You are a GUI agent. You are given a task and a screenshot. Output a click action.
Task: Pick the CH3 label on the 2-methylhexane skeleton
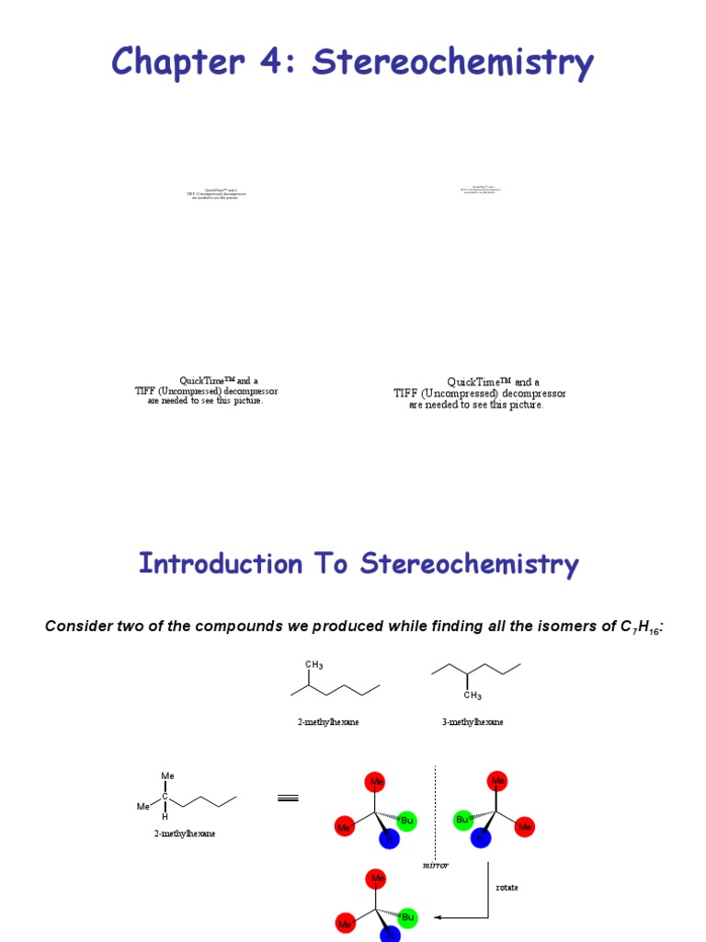(313, 664)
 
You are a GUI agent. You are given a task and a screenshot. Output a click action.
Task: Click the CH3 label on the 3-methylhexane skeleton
(473, 696)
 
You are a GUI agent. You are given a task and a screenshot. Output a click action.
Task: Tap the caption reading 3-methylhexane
(473, 722)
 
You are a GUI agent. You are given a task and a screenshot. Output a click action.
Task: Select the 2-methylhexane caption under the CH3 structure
(327, 722)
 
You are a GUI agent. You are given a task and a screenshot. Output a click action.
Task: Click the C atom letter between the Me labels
(165, 797)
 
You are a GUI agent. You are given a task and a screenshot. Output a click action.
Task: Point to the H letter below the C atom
(165, 817)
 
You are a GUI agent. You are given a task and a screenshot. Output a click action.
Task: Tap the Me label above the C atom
(167, 775)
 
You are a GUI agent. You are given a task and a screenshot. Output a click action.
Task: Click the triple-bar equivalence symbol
(288, 798)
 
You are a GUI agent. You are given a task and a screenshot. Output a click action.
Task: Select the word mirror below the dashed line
(435, 866)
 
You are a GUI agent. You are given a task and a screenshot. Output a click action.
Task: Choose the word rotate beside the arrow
(507, 888)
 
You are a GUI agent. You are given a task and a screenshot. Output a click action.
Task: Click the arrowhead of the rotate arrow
(438, 917)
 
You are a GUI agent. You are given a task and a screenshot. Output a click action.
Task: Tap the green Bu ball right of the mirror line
(463, 819)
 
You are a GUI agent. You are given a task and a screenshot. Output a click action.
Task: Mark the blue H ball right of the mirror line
(480, 839)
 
